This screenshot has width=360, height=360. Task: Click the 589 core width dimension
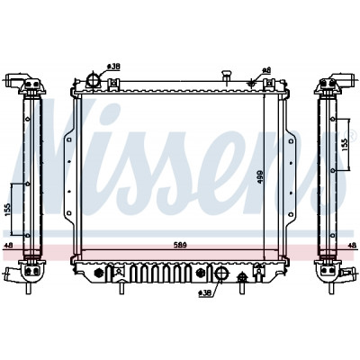click(180, 245)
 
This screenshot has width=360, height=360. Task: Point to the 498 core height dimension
click(260, 177)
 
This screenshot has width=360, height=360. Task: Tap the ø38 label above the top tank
click(114, 67)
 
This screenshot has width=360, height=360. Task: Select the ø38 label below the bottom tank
click(205, 292)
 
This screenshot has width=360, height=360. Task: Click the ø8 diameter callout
click(266, 70)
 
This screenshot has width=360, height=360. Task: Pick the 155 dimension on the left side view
click(8, 210)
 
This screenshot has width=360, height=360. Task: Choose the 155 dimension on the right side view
click(345, 145)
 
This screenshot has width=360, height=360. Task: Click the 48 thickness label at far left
click(9, 246)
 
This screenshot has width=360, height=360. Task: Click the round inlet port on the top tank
click(93, 80)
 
